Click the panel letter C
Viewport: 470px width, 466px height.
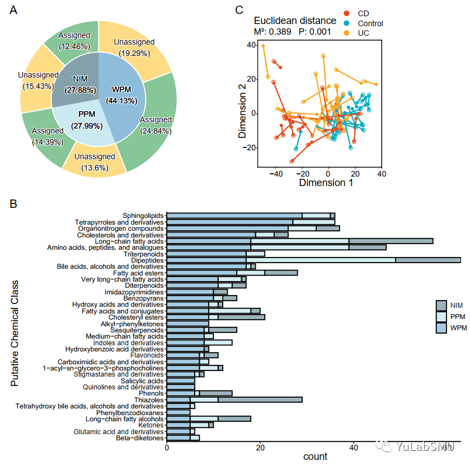click(239, 10)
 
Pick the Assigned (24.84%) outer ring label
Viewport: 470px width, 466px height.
click(156, 125)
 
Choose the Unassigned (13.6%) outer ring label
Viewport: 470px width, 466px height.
click(94, 162)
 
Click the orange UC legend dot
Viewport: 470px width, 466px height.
click(347, 34)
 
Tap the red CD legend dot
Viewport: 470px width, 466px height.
click(347, 13)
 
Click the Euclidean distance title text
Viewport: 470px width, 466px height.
click(295, 21)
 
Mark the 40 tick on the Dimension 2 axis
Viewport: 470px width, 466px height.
click(251, 45)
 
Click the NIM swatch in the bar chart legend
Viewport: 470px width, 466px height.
click(442, 305)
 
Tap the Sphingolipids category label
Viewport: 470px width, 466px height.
click(143, 215)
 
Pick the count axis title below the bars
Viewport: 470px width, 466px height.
click(315, 457)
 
